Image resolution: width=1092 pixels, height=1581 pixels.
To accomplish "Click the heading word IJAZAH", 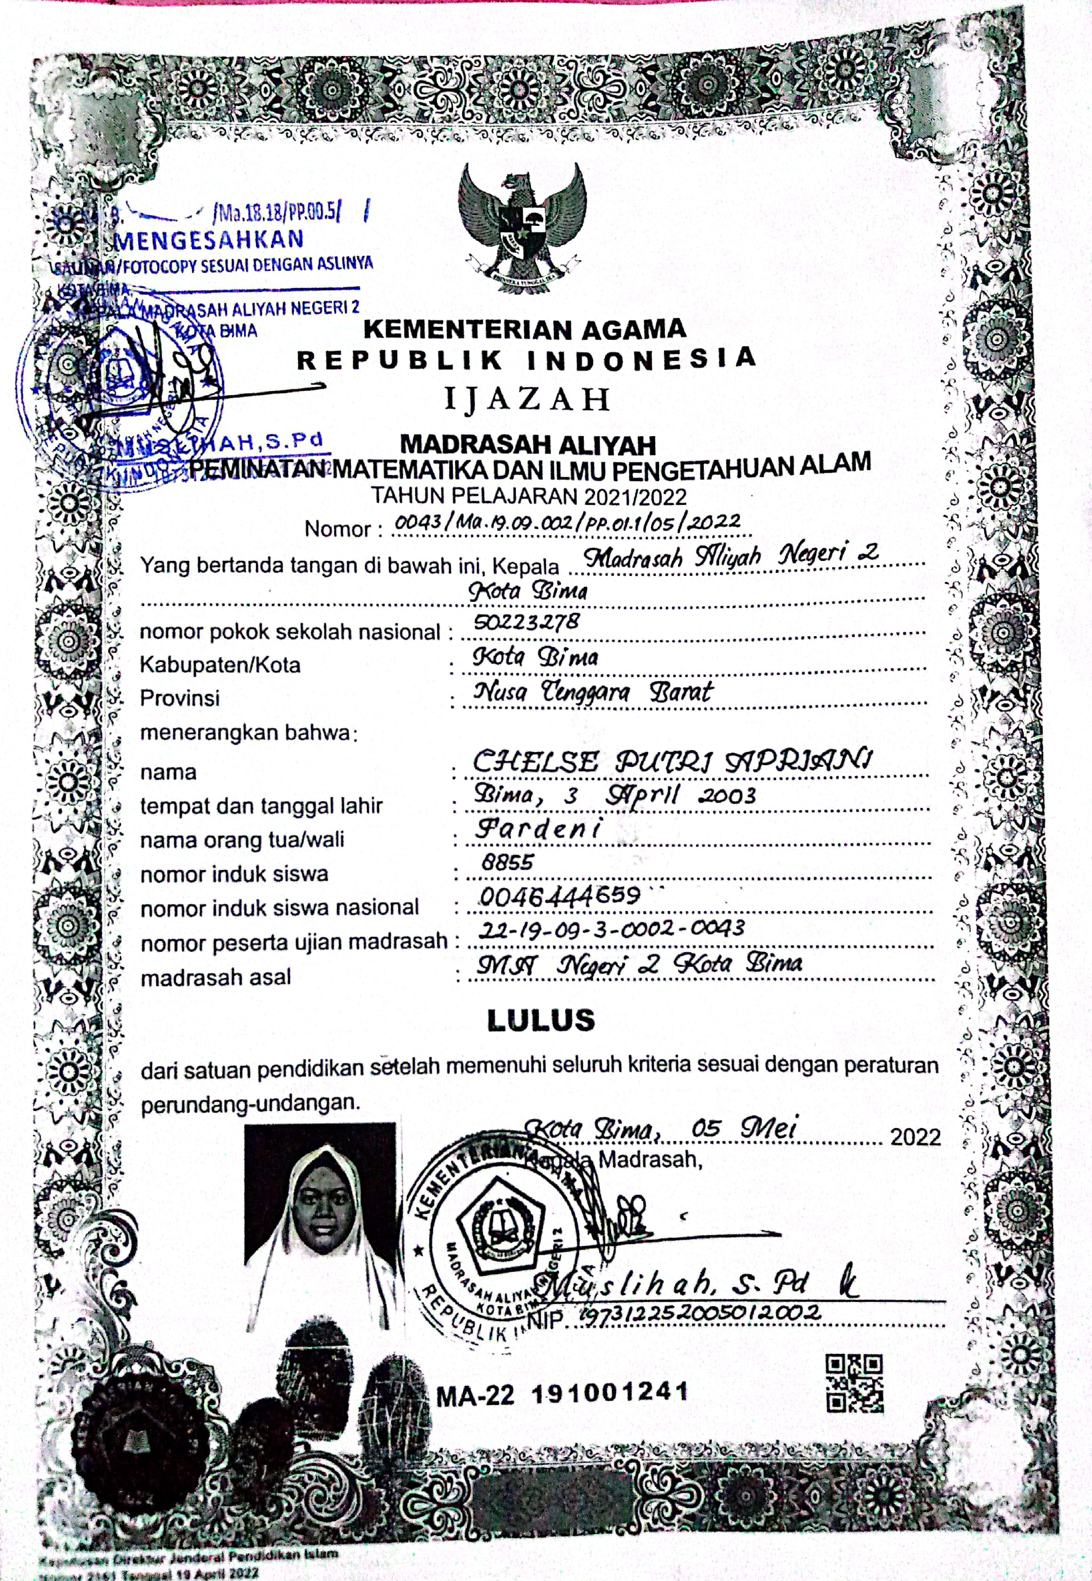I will tap(527, 399).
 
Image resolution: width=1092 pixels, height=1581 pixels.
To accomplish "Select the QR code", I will tap(855, 1383).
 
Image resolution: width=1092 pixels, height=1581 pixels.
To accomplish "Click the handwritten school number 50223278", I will tap(526, 622).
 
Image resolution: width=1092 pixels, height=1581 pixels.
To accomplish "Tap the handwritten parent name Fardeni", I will tap(538, 829).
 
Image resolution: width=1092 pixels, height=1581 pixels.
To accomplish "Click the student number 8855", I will tap(506, 862).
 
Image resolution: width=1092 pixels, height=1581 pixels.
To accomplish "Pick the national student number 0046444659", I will tap(559, 896).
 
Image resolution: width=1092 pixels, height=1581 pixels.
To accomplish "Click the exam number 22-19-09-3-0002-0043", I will tap(611, 929).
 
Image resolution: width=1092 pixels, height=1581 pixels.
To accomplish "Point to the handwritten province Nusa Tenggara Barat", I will tap(593, 692).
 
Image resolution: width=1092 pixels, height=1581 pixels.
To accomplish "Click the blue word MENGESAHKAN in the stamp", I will tap(209, 240).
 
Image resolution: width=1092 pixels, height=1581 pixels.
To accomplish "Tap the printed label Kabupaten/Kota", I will tap(220, 665).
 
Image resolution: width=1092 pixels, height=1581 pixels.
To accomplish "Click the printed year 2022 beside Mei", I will tap(915, 1136).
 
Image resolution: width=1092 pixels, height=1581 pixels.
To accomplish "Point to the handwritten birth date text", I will tap(614, 795).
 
